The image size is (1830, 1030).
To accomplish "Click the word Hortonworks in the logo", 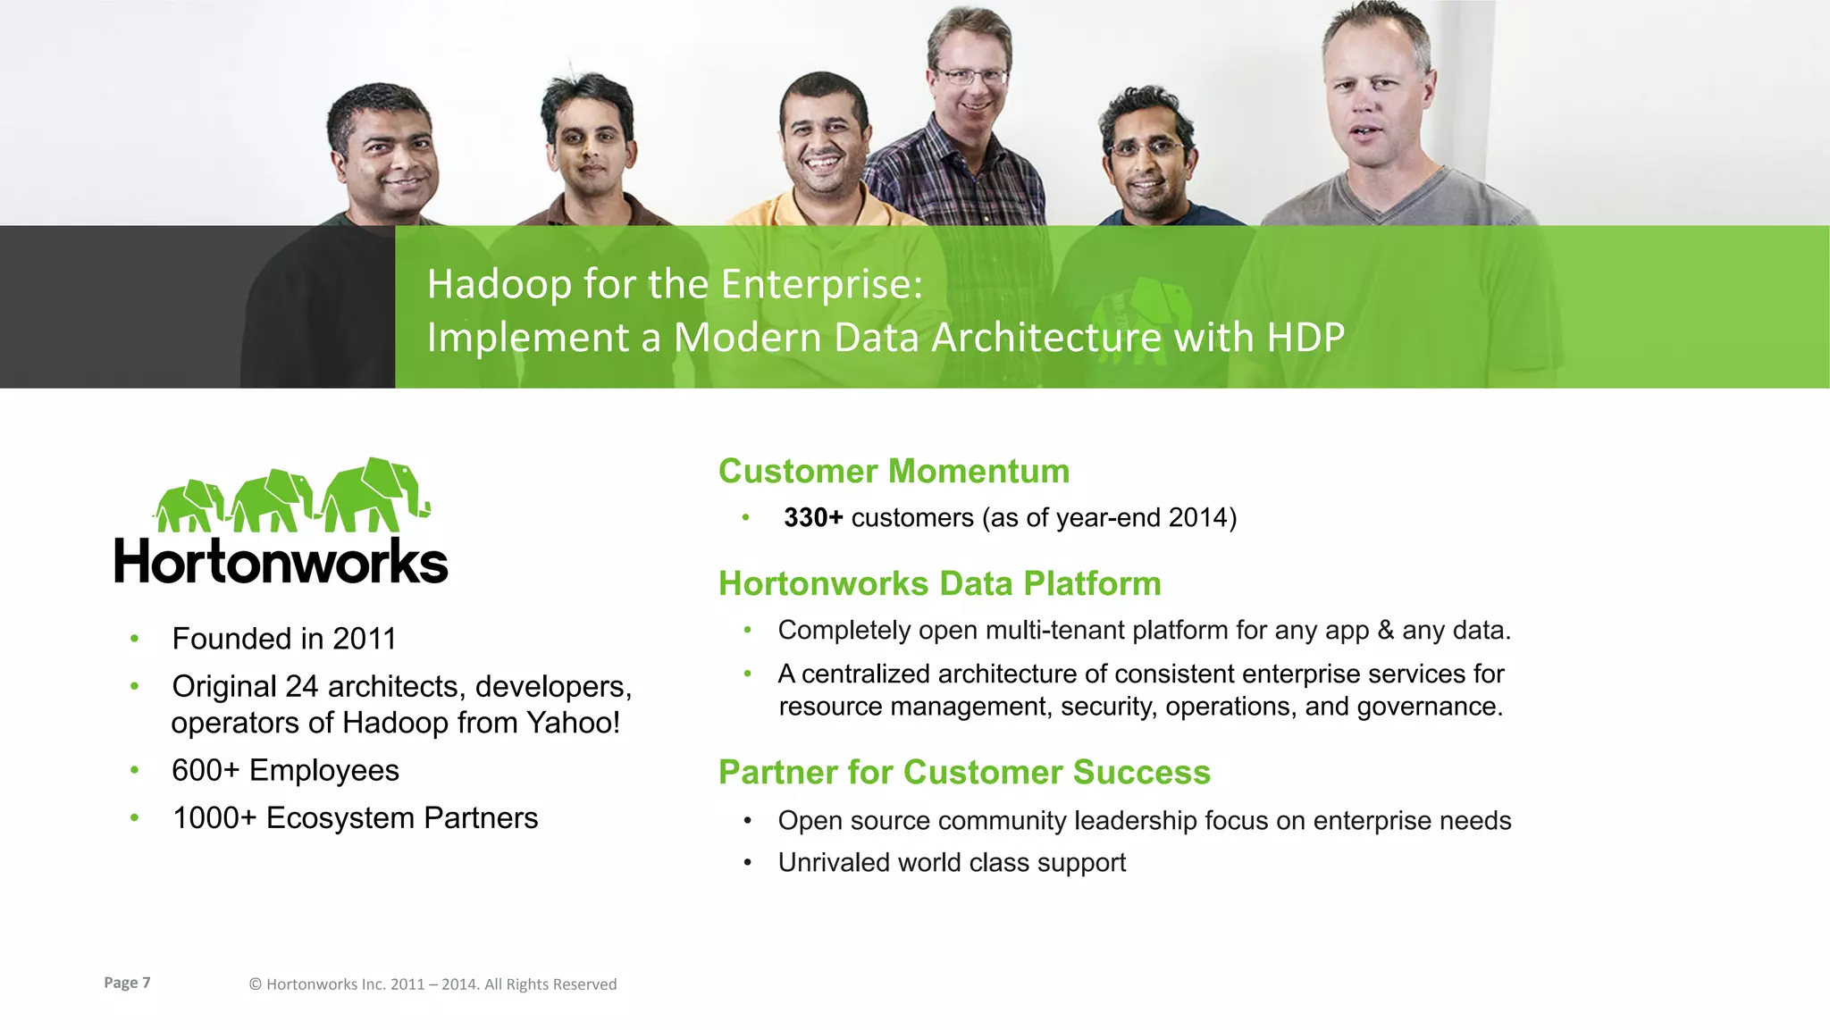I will [281, 562].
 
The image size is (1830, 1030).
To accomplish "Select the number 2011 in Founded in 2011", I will [364, 639].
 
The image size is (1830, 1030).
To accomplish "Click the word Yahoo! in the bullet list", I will [573, 723].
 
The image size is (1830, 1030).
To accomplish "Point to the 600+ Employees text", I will [285, 770].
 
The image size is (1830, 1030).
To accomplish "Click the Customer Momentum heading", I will [894, 471].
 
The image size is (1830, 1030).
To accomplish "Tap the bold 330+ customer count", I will [812, 518].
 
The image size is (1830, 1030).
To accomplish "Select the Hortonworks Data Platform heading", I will [939, 583].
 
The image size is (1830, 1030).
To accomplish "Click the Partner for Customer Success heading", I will [963, 772].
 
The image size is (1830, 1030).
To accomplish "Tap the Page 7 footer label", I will [127, 983].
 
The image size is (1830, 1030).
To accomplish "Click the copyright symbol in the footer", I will [255, 984].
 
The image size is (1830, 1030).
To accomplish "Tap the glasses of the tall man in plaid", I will [970, 76].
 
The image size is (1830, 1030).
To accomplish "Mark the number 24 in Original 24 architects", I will [301, 686].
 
